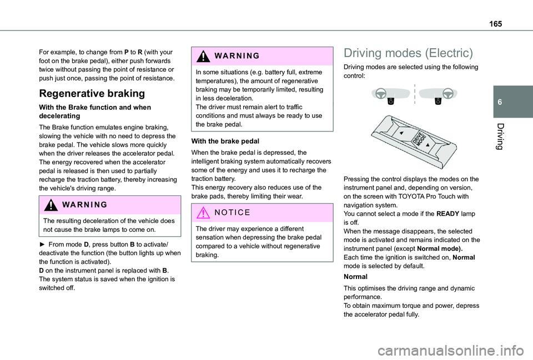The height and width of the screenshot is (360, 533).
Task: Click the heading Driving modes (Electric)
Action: point(408,53)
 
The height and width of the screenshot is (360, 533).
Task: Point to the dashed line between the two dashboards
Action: point(414,94)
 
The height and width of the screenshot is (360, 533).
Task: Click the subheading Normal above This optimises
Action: point(355,276)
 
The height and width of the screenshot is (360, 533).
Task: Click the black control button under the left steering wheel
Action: point(391,101)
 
